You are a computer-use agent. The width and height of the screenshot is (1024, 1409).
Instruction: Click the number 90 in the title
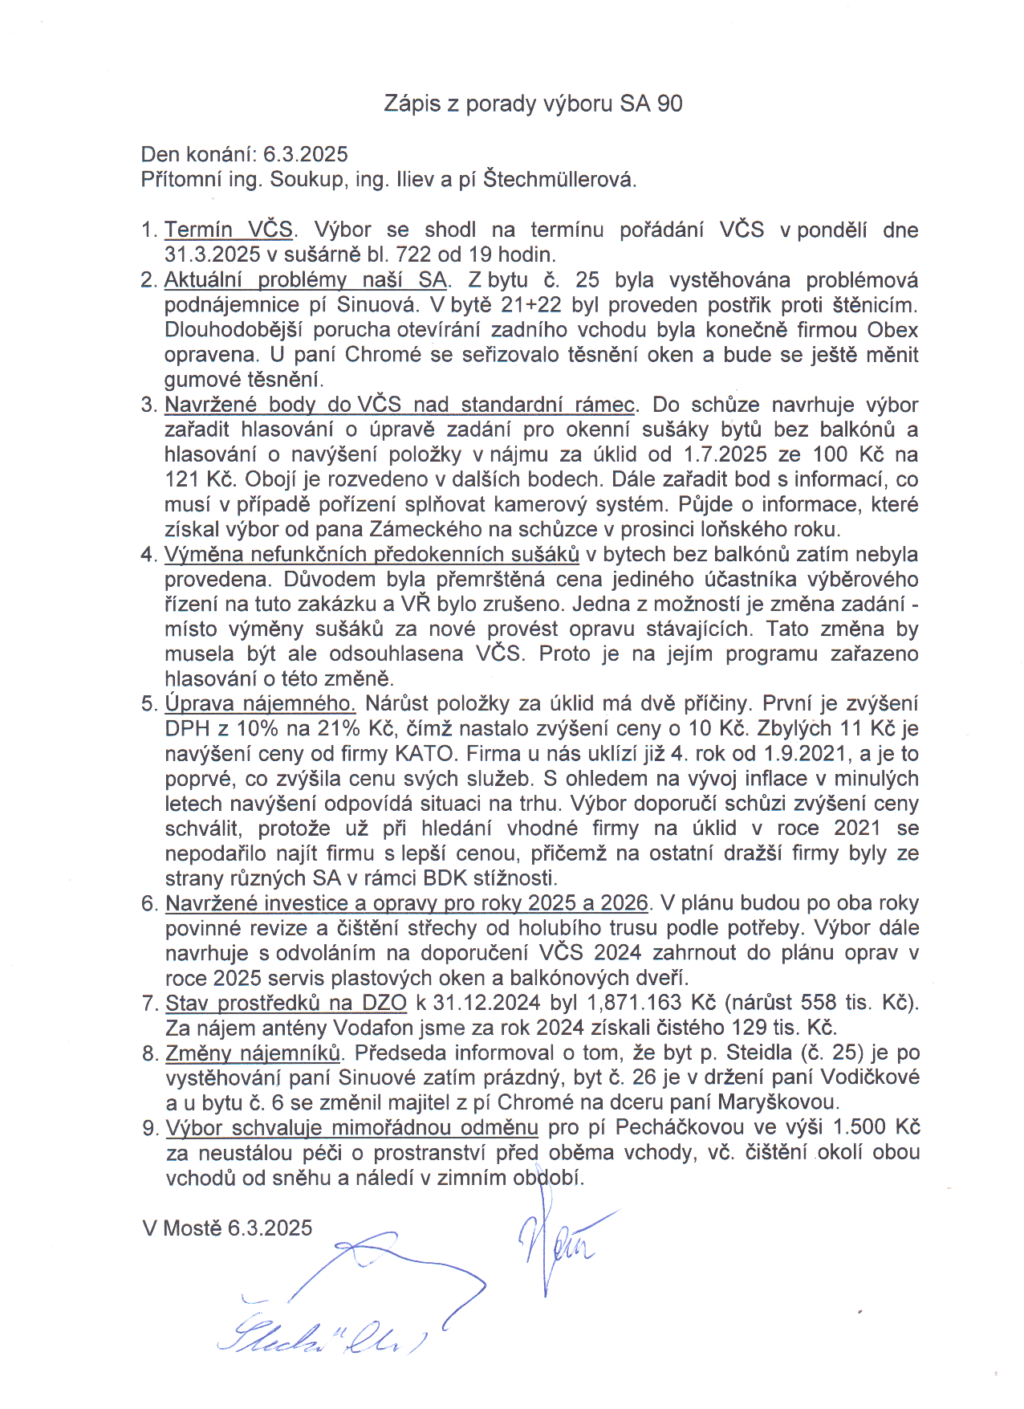click(669, 104)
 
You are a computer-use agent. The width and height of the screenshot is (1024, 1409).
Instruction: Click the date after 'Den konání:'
click(305, 154)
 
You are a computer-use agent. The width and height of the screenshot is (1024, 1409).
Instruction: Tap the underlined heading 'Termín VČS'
click(229, 230)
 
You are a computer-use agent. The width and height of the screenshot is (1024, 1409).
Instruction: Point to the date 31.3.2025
click(213, 255)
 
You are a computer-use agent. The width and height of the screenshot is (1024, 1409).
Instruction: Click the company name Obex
click(892, 330)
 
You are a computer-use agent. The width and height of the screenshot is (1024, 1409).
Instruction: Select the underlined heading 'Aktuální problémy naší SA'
click(305, 280)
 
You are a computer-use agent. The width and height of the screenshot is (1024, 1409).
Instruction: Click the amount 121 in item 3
click(181, 479)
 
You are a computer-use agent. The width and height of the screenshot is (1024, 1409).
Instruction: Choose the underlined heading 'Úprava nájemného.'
click(260, 704)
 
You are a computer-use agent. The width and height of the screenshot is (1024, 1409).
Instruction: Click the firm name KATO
click(425, 754)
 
